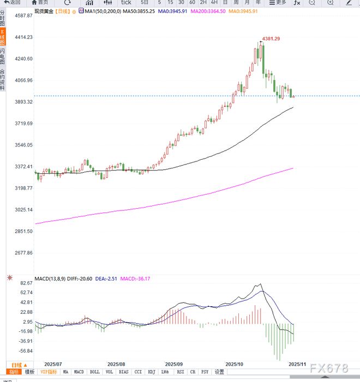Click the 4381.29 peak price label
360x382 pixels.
tap(271, 39)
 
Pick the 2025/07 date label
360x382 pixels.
tap(53, 363)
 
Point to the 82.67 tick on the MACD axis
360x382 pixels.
tap(26, 284)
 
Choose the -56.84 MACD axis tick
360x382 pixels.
tap(25, 351)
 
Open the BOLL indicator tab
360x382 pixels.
tap(95, 372)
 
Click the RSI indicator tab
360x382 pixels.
tap(179, 372)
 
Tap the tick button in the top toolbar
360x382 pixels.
tap(125, 2)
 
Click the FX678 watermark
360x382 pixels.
tap(329, 368)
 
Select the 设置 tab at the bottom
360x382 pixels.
tap(219, 372)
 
